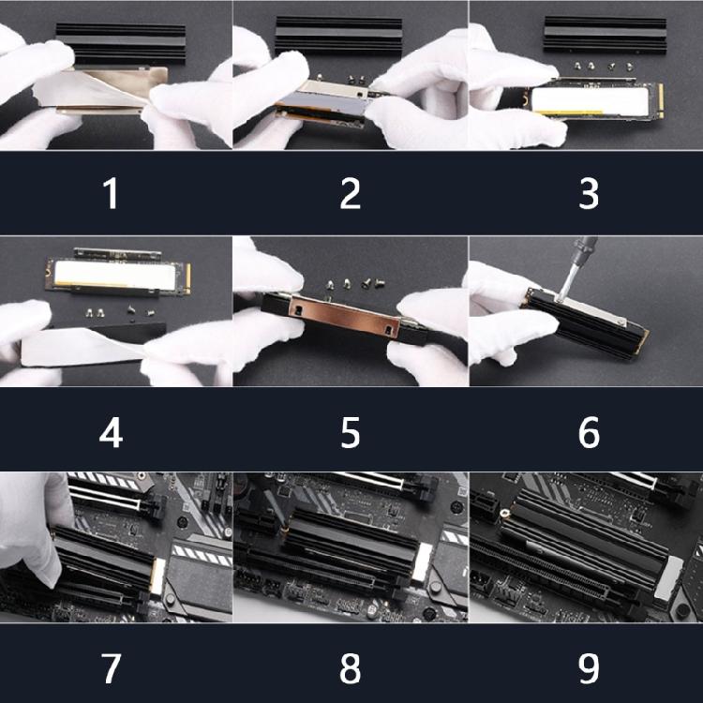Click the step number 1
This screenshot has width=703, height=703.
coord(111,193)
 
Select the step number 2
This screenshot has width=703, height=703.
coord(351,193)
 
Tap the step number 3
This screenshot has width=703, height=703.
coord(589,193)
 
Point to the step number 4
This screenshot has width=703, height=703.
coord(111,433)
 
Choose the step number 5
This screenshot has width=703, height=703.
coord(351,433)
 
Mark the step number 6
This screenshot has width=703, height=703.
coord(589,433)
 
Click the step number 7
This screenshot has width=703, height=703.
coord(111,668)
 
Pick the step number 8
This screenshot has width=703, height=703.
coord(351,668)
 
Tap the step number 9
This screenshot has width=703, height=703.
coord(589,668)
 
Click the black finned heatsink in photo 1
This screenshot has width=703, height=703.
coord(121,42)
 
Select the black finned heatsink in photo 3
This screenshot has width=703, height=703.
coord(606,35)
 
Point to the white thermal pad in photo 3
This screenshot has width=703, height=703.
coord(591,101)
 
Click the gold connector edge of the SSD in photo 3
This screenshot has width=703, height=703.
coord(661,101)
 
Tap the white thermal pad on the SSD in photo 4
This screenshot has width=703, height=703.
coord(114,275)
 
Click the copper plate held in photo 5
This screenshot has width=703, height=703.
coord(344,316)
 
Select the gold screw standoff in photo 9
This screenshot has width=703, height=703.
coord(505,513)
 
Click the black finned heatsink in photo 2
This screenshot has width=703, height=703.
coord(338,36)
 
